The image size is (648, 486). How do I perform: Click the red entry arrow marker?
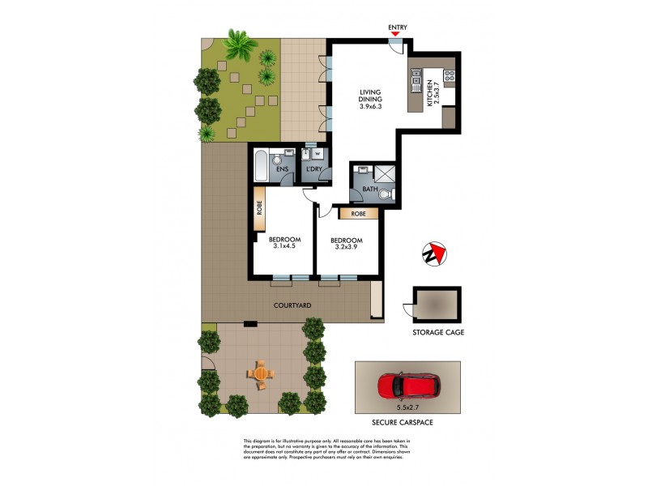[x=396, y=34]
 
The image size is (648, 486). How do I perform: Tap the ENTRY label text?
[x=397, y=27]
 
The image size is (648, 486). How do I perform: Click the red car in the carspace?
[x=408, y=386]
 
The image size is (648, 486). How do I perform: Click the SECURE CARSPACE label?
[x=408, y=422]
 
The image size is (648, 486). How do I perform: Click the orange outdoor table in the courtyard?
[x=261, y=373]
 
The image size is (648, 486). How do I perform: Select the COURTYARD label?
[x=288, y=306]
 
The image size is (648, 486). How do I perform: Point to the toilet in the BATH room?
[x=386, y=194]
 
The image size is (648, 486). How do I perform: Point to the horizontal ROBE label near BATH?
[x=358, y=215]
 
